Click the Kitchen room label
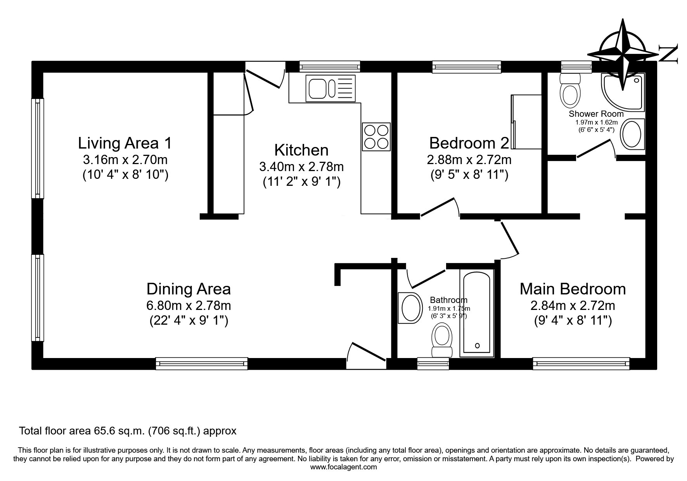[301, 150]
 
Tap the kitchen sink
[331, 88]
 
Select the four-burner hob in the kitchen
[376, 137]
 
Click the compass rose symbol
[623, 55]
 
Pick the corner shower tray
[623, 92]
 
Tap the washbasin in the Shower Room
[633, 135]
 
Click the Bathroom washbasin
[410, 307]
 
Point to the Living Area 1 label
[125, 143]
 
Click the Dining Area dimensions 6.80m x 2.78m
[189, 306]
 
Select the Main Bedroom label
[573, 289]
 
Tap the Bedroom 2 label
[469, 143]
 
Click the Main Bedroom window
[581, 363]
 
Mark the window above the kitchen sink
[330, 67]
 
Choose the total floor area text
[128, 431]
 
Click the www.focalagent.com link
[343, 467]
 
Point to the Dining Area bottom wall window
[202, 363]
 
